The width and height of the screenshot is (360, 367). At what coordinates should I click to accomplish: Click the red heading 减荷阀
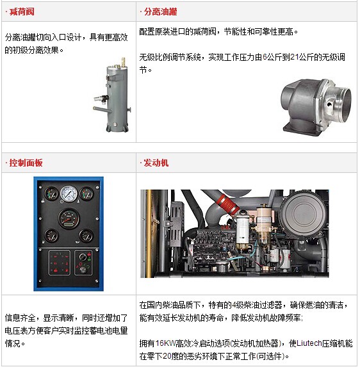(x=22, y=12)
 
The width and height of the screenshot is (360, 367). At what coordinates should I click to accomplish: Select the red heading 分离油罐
(x=160, y=12)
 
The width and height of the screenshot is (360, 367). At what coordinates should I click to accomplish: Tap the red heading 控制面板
(x=26, y=163)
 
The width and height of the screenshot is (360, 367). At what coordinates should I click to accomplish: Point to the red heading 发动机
(x=156, y=163)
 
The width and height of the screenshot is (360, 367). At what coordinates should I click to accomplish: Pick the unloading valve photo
(x=316, y=107)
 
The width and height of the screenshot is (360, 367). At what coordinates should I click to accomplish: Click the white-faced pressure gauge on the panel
(x=69, y=193)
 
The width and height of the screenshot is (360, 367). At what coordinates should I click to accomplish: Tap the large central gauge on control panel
(x=69, y=218)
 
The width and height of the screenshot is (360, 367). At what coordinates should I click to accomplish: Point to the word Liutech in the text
(x=309, y=343)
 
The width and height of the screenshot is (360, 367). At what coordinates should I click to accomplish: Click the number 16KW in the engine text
(x=165, y=343)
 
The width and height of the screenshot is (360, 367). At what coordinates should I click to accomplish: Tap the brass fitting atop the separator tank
(x=124, y=61)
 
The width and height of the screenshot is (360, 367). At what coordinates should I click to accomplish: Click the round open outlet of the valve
(x=344, y=104)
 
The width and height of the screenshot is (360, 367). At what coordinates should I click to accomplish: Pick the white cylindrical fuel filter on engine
(x=242, y=230)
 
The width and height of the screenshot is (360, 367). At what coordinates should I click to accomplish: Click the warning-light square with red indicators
(x=60, y=263)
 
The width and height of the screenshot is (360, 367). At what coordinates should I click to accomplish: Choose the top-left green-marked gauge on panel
(x=51, y=194)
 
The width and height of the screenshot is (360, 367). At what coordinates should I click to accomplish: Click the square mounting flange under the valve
(x=302, y=129)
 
